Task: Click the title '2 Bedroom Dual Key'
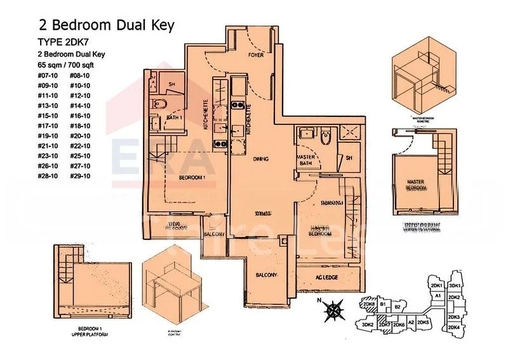coord(106,25)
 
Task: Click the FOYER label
coord(256,55)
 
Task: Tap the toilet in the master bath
coord(326,137)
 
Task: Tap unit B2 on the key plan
coord(398,307)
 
